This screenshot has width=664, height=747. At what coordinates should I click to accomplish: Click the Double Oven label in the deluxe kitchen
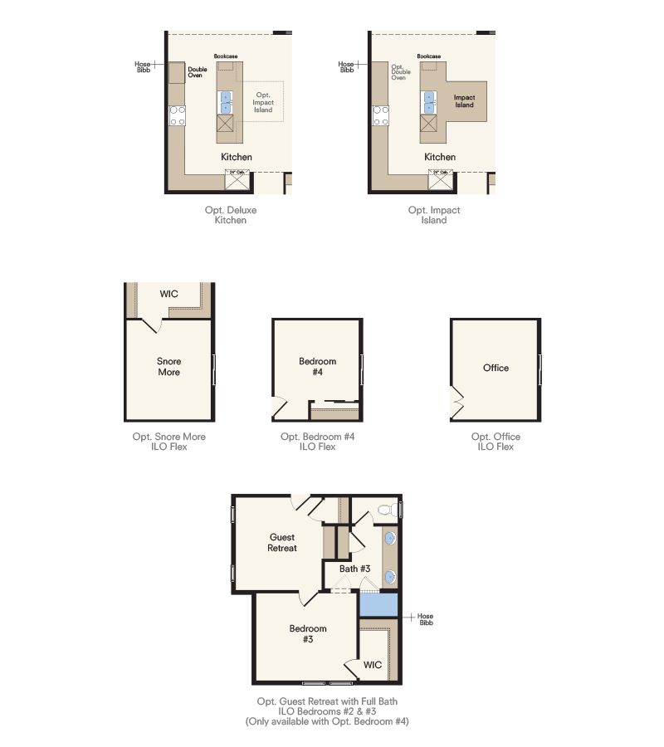[197, 72]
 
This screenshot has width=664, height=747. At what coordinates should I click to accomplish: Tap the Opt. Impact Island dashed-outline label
[263, 103]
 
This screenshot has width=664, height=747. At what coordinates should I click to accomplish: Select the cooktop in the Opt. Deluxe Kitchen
[178, 115]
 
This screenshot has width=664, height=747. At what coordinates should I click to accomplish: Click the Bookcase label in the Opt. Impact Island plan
[429, 56]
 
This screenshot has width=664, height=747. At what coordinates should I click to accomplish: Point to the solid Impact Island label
[464, 101]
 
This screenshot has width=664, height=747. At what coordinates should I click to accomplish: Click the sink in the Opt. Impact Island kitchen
[429, 103]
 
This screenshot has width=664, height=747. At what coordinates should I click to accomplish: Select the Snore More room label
[168, 367]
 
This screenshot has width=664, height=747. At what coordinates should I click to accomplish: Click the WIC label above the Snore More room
[168, 294]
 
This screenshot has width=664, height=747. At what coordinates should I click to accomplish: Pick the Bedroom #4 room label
[318, 367]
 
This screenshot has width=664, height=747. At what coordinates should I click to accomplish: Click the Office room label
[496, 368]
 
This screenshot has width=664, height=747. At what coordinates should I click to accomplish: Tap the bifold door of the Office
[455, 403]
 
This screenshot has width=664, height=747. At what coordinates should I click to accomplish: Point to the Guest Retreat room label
[282, 543]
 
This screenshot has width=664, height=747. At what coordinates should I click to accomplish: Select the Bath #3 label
[354, 569]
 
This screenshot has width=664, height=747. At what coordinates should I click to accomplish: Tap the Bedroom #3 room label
[308, 634]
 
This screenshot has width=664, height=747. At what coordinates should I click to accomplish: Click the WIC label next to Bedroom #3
[373, 665]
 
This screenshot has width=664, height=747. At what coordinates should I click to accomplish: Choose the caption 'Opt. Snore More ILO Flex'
[168, 442]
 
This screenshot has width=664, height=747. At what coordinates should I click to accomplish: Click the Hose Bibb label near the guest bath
[425, 620]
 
